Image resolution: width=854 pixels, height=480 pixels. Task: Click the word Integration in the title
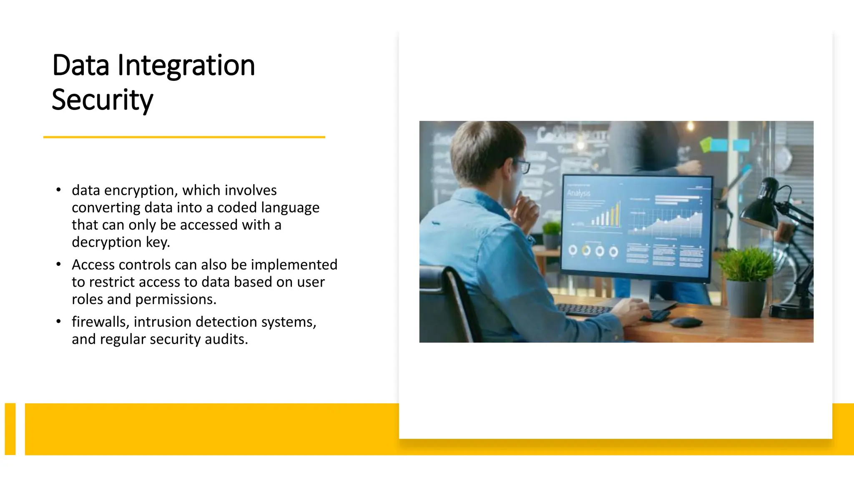pos(186,66)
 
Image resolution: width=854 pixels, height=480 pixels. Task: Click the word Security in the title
pos(102,100)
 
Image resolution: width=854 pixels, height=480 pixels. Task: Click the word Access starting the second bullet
pos(93,265)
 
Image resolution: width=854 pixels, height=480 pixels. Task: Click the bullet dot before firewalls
pos(59,322)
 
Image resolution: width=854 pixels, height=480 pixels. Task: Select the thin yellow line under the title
pos(184,137)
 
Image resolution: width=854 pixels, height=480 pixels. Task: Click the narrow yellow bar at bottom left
pos(10,429)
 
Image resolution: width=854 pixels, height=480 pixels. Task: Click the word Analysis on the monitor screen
pos(578,193)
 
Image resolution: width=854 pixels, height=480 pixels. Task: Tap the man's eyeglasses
pos(522,165)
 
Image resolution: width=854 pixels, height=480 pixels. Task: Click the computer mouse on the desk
pos(685,321)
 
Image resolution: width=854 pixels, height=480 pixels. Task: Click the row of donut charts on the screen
pos(593,251)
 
